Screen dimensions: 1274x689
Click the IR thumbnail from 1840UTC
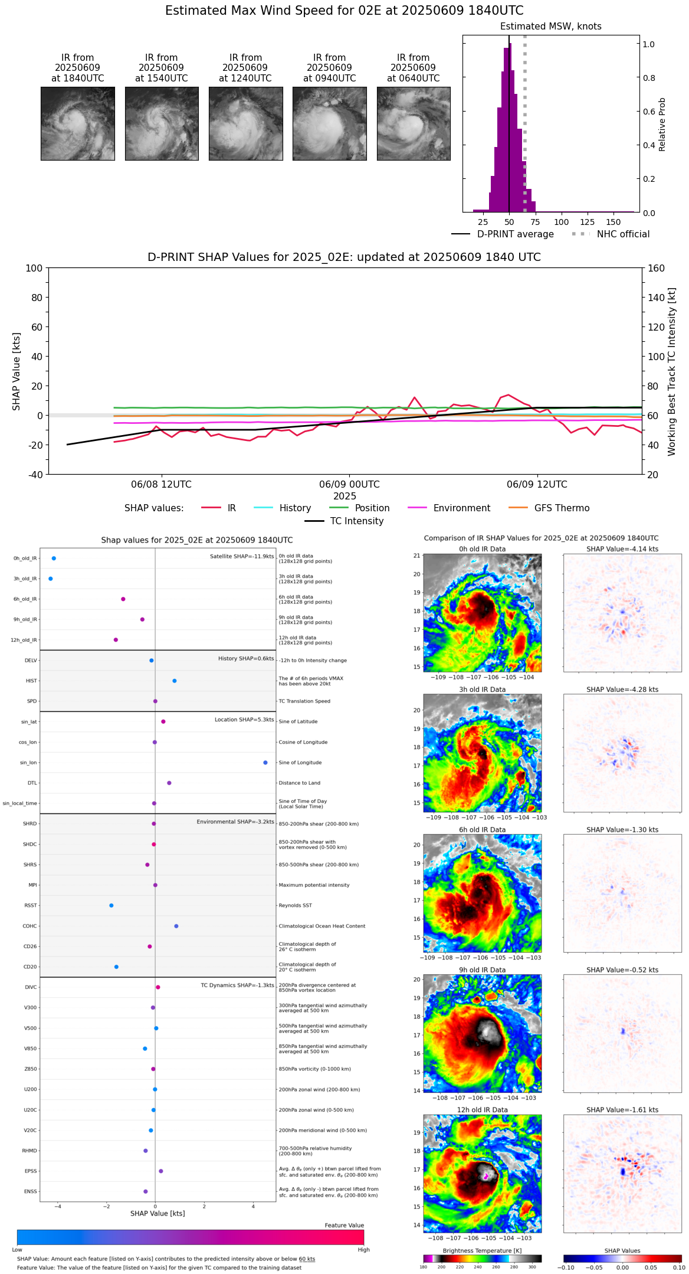[x=77, y=123]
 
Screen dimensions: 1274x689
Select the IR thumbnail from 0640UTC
[x=413, y=123]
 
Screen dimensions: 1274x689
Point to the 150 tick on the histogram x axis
[x=613, y=222]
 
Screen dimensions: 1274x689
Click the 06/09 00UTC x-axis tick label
[x=349, y=485]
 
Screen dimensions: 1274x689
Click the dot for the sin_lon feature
[x=265, y=763]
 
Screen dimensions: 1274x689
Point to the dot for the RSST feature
[x=111, y=906]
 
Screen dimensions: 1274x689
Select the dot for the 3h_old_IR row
[x=51, y=579]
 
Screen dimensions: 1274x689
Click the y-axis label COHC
[x=30, y=926]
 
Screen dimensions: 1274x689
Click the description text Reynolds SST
[x=295, y=906]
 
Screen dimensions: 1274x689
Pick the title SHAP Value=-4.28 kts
[x=622, y=690]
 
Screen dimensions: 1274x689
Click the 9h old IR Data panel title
[x=482, y=970]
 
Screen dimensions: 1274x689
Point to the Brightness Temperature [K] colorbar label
[x=482, y=1250]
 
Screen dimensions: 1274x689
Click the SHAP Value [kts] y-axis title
[x=17, y=371]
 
